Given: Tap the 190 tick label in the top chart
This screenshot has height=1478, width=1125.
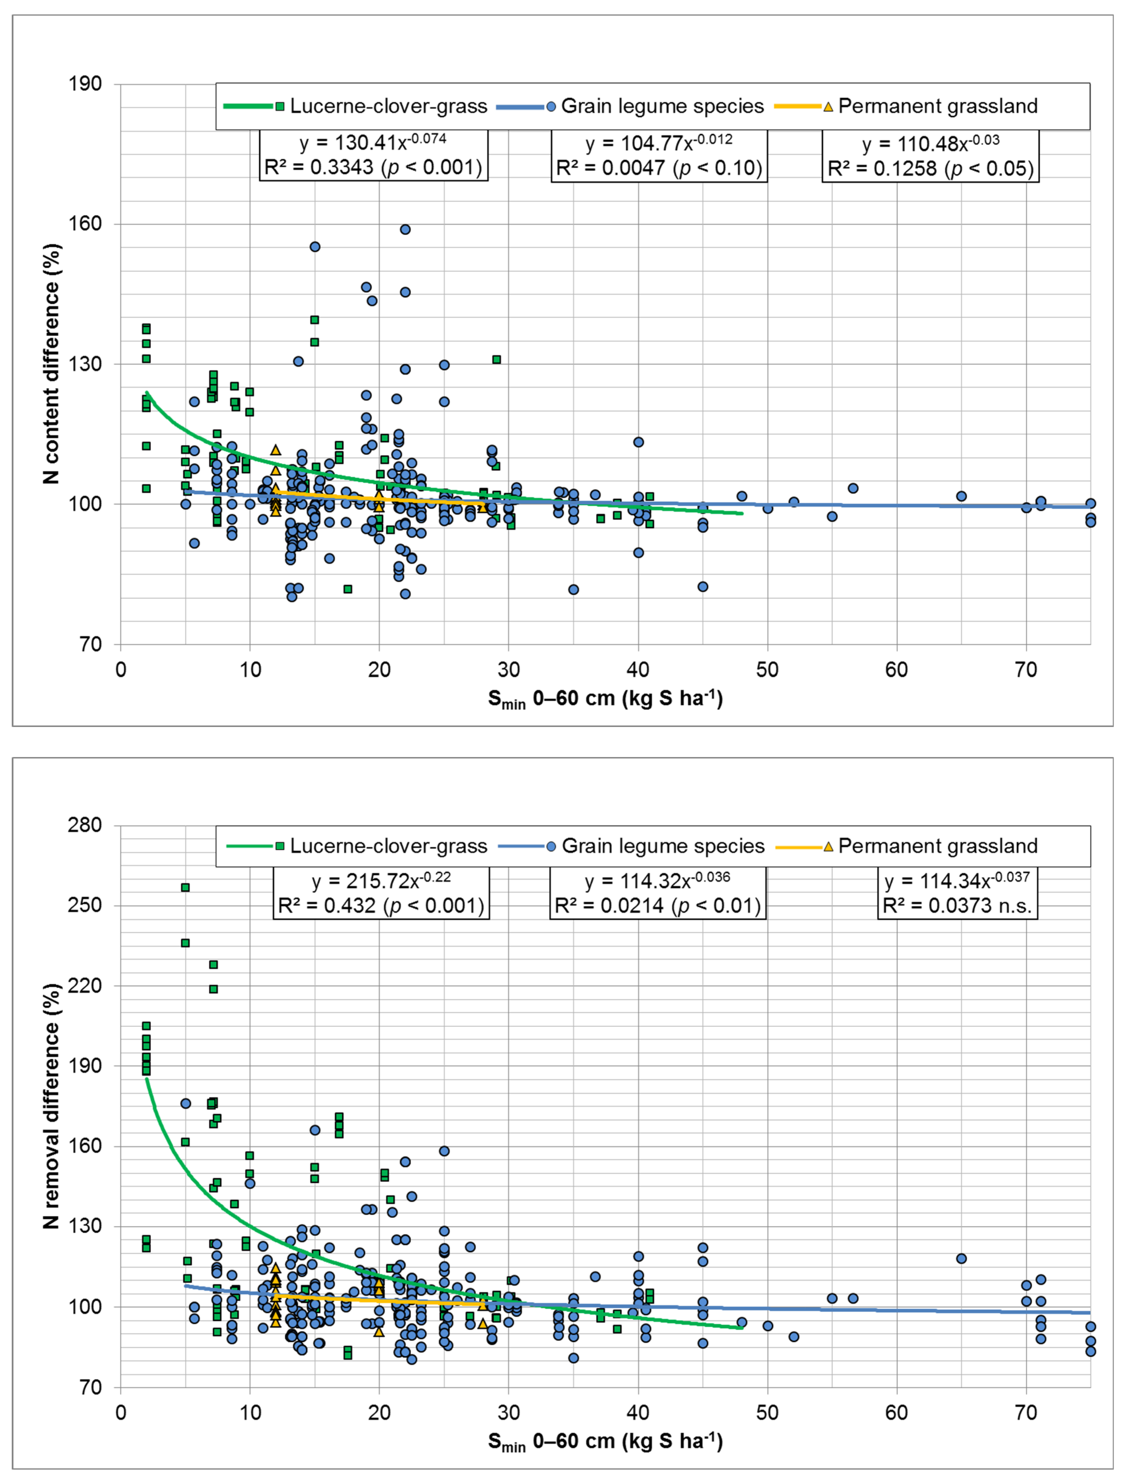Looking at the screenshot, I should pos(85,84).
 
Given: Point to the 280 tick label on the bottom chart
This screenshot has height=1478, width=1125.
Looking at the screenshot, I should pos(85,825).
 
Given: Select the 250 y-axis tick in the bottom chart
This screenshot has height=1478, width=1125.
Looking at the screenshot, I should pos(85,905).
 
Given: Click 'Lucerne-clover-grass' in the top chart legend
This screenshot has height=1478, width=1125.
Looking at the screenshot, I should pos(388,106).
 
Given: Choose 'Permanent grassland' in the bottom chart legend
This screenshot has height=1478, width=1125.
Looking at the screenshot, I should pos(938,846).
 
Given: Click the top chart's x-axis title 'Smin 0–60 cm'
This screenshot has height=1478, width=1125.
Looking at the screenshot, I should pos(605,699).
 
